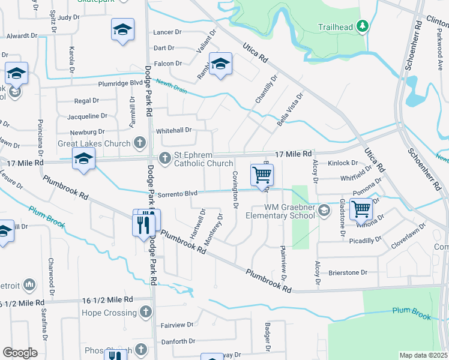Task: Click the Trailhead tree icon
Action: pyautogui.click(x=362, y=26)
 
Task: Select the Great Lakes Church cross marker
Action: pyautogui.click(x=139, y=143)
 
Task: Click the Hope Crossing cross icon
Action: pyautogui.click(x=145, y=312)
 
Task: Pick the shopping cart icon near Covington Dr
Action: pyautogui.click(x=262, y=175)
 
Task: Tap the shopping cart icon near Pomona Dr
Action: pyautogui.click(x=361, y=209)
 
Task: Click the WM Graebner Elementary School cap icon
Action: pyautogui.click(x=324, y=210)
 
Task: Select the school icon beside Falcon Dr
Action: pyautogui.click(x=220, y=64)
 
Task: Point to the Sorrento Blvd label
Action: pyautogui.click(x=178, y=194)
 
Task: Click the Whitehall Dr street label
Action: pyautogui.click(x=173, y=130)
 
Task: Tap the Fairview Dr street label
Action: pyautogui.click(x=178, y=325)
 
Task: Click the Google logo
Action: pyautogui.click(x=20, y=353)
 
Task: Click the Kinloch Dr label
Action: pyautogui.click(x=342, y=163)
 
